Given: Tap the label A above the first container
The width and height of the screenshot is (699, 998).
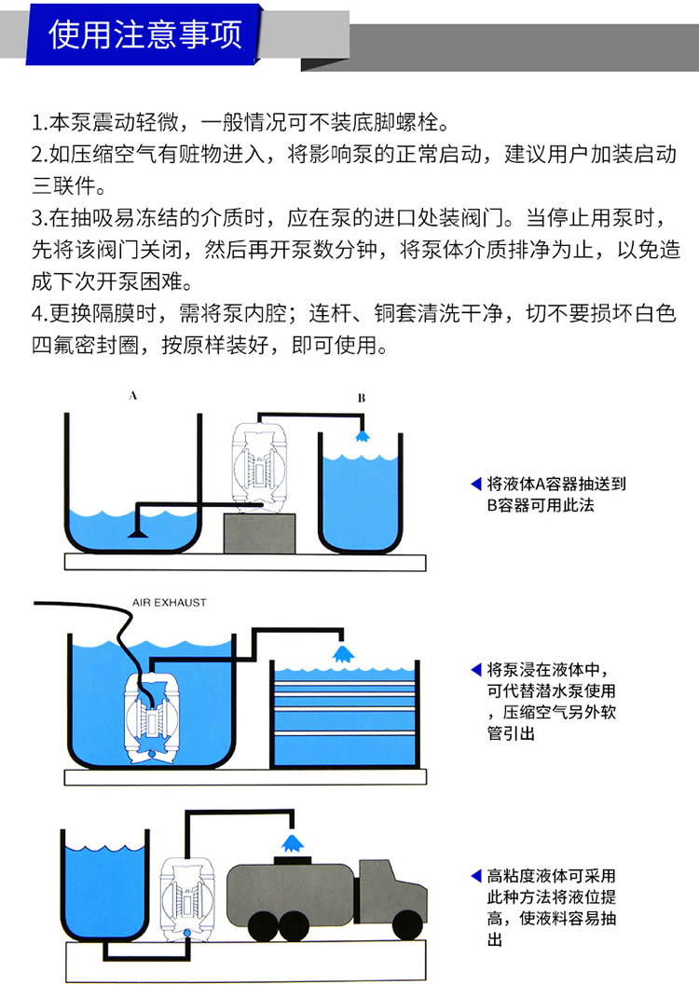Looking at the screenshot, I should pos(132,396).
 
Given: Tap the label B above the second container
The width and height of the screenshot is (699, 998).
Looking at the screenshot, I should pos(362,398).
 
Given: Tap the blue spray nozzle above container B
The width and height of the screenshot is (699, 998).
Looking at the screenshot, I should pos(361,436).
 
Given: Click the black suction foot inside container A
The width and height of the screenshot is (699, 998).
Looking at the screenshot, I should pos(137,534).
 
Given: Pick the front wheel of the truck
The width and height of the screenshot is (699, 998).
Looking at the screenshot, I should pos(405,924).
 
